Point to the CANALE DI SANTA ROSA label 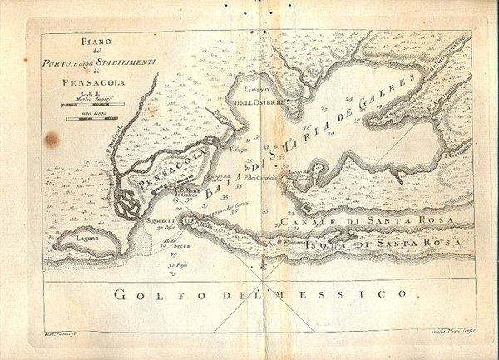365,222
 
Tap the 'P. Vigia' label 238,150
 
